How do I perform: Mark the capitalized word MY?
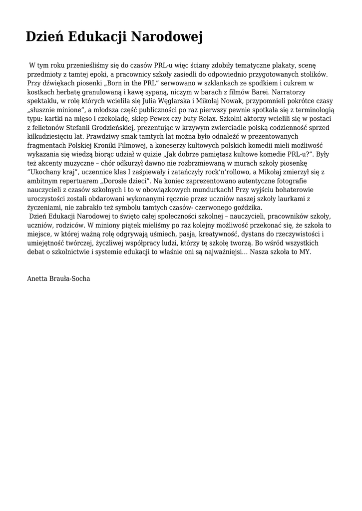pos(305,252)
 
